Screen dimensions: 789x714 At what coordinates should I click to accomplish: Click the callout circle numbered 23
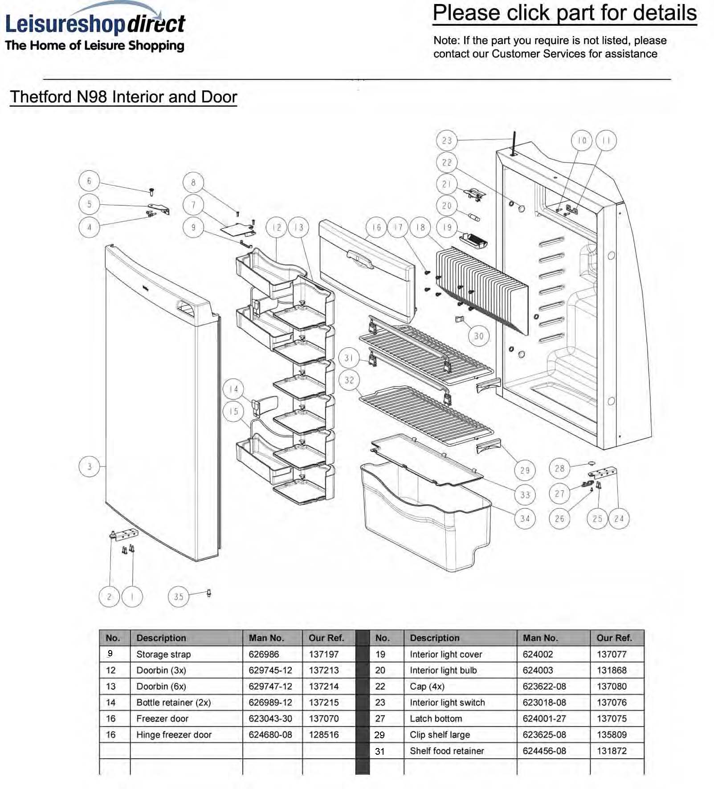pyautogui.click(x=447, y=141)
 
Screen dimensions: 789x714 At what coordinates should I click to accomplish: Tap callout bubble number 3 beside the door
pyautogui.click(x=89, y=466)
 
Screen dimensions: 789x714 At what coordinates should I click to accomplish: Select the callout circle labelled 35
pyautogui.click(x=179, y=597)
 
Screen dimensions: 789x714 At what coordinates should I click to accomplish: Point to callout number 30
pyautogui.click(x=479, y=336)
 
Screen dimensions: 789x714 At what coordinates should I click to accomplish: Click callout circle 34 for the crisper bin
pyautogui.click(x=525, y=518)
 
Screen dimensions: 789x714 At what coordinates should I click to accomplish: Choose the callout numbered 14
pyautogui.click(x=233, y=389)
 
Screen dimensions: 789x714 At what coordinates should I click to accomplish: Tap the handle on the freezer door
pyautogui.click(x=359, y=259)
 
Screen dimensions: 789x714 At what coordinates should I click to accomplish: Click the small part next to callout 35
pyautogui.click(x=209, y=593)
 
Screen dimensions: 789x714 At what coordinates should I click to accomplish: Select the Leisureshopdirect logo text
pyautogui.click(x=95, y=24)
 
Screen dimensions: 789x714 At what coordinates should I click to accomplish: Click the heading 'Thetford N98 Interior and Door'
pyautogui.click(x=123, y=97)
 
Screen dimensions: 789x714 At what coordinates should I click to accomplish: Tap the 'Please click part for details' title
pyautogui.click(x=565, y=13)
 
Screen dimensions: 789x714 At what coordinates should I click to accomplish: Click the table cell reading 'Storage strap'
pyautogui.click(x=163, y=655)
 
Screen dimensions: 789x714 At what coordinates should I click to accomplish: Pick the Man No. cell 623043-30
pyautogui.click(x=270, y=719)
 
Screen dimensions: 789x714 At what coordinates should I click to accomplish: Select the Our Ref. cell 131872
pyautogui.click(x=612, y=751)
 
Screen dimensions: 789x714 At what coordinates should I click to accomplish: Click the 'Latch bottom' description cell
pyautogui.click(x=436, y=719)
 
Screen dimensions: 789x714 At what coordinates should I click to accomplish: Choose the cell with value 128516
pyautogui.click(x=324, y=735)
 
